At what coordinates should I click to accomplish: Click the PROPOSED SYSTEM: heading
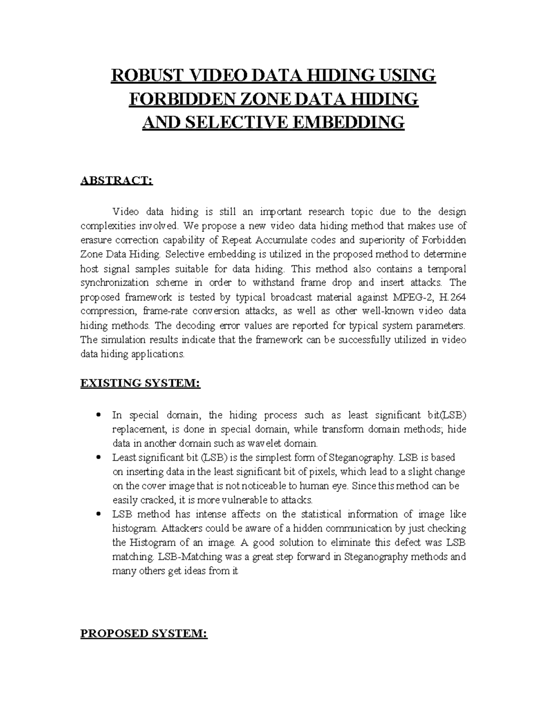(144, 634)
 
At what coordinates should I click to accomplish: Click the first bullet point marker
(98, 415)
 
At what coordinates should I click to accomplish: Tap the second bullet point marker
(98, 457)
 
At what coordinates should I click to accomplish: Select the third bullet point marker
(98, 514)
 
